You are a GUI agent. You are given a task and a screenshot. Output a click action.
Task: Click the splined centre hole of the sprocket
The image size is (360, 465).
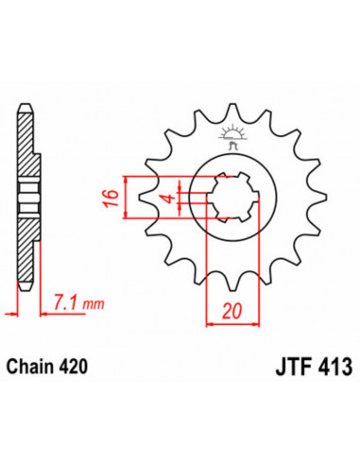[x=229, y=198]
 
